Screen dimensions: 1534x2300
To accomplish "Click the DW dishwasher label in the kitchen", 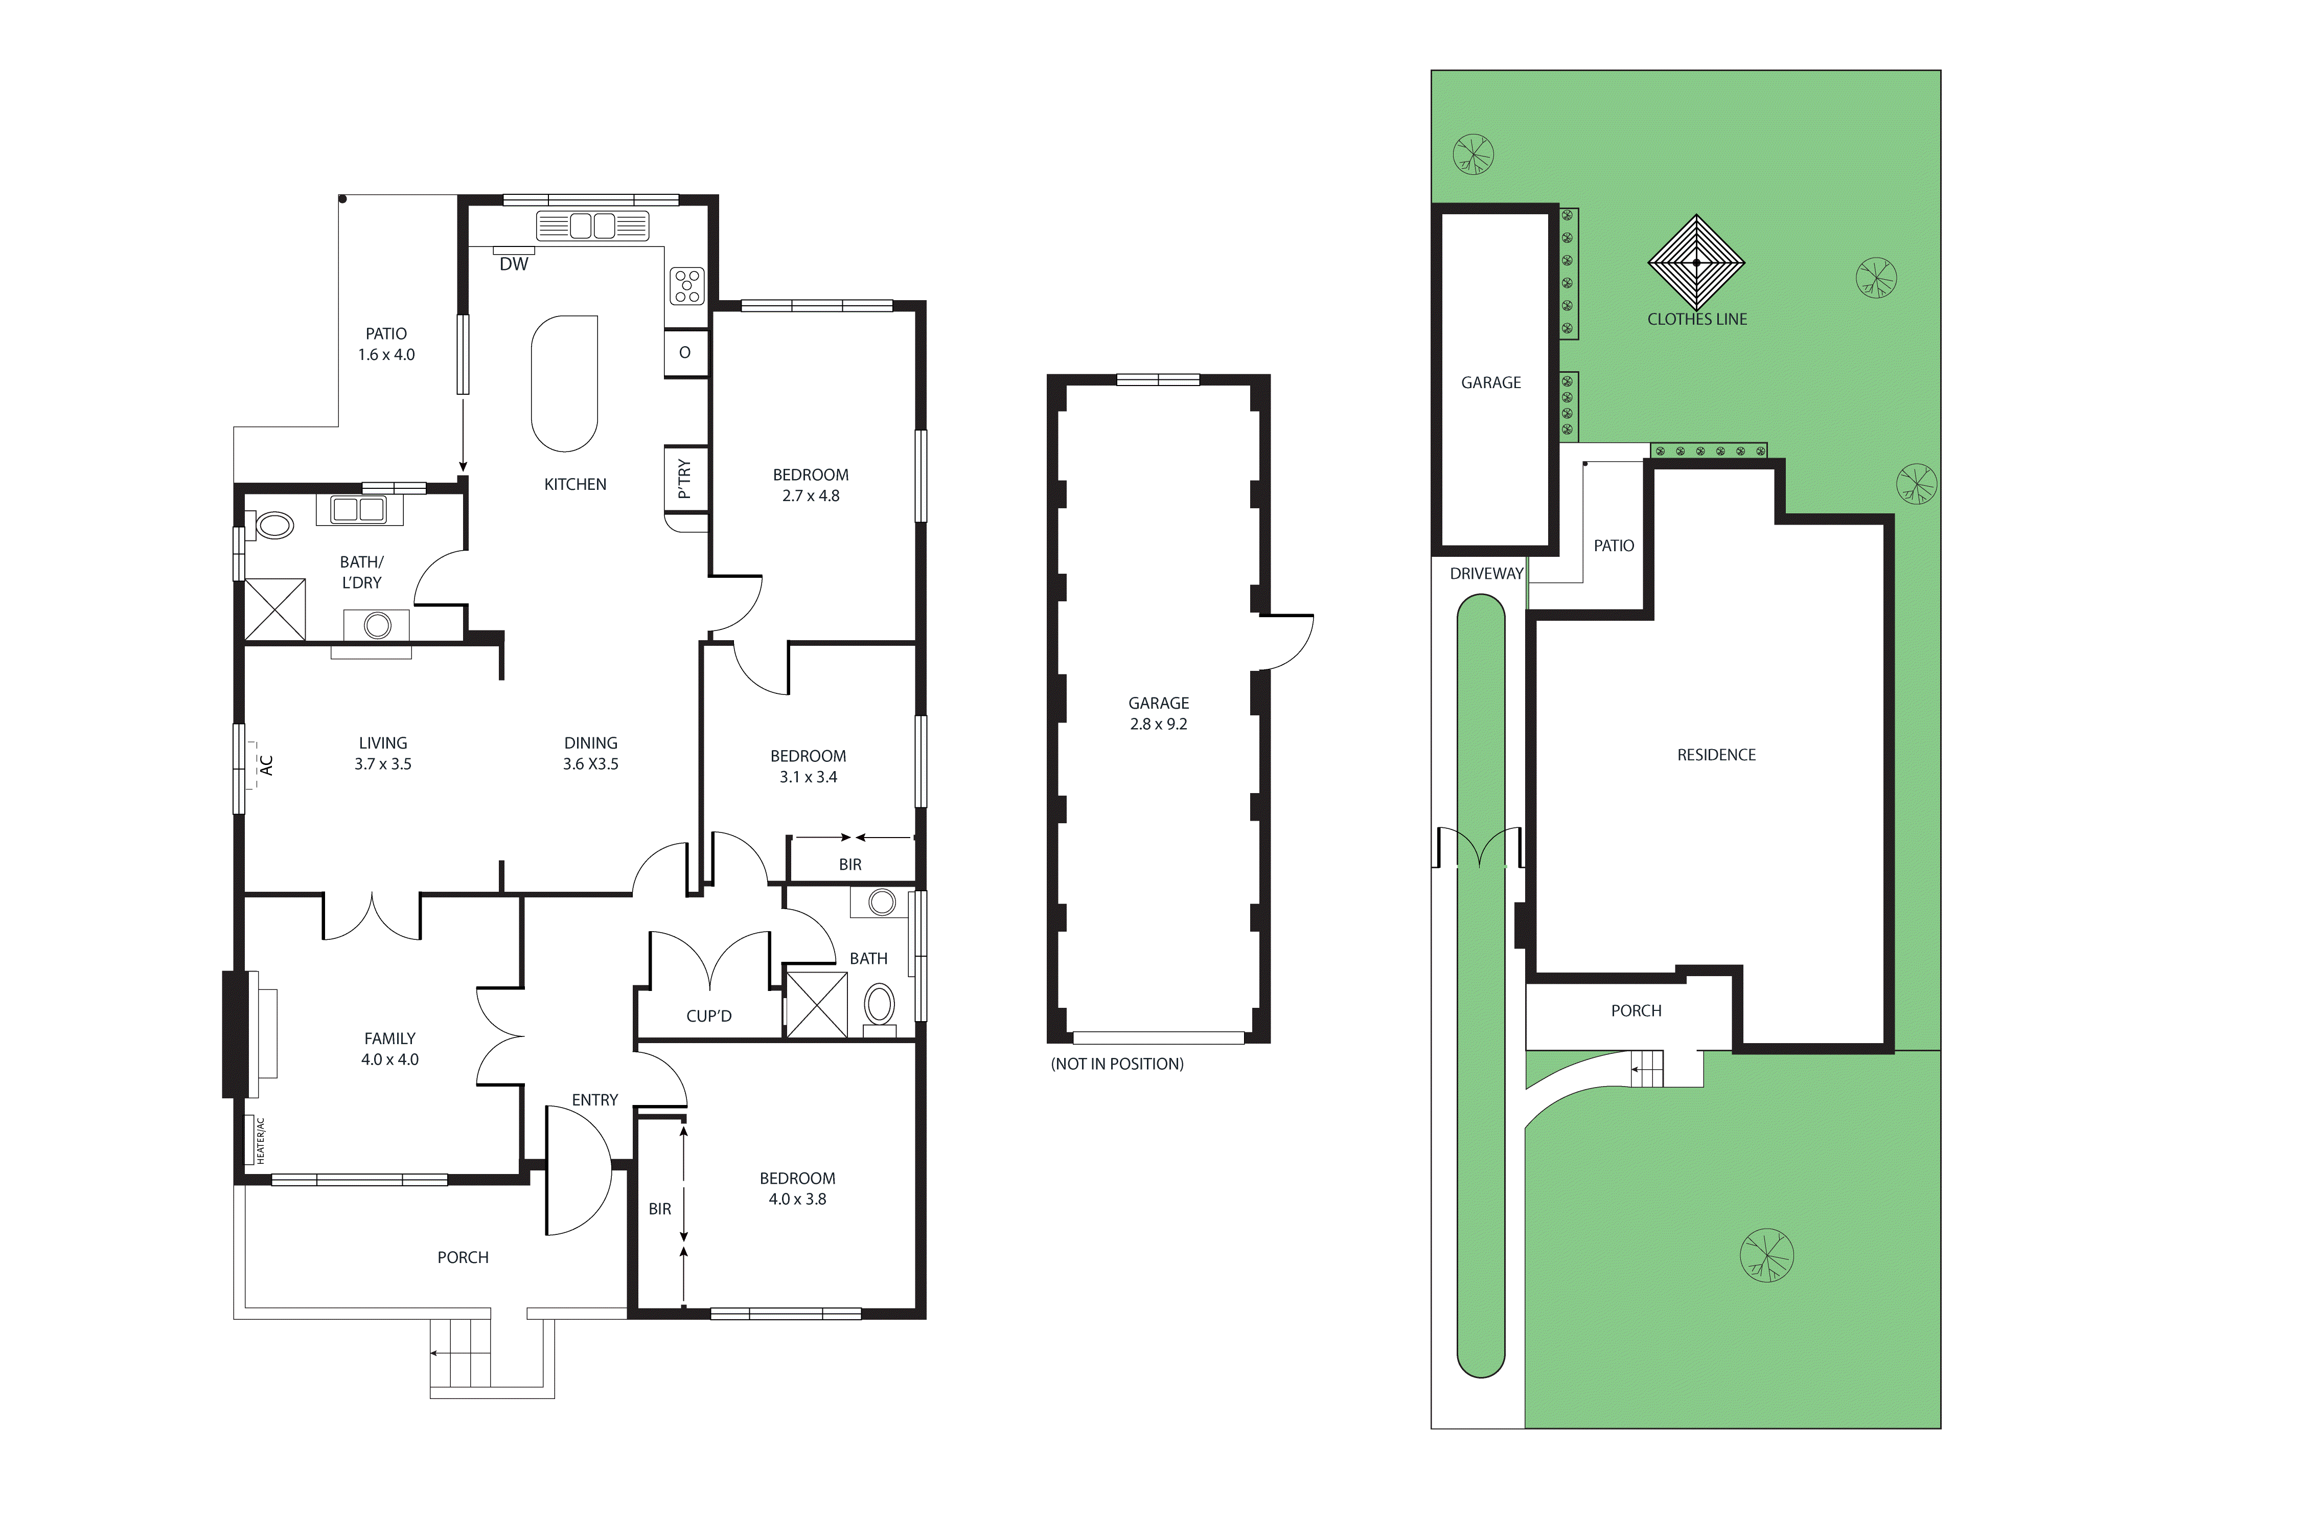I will pos(513,264).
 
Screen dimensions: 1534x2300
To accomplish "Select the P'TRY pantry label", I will pos(684,480).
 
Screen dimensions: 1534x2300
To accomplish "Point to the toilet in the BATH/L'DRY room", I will pos(274,526).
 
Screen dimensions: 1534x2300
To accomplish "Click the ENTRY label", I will pos(594,1100).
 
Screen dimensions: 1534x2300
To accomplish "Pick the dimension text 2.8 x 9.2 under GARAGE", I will pos(1159,724).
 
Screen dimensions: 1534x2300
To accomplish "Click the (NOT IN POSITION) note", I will pos(1117,1064).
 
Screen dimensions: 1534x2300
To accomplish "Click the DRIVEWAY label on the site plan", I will pos(1486,573).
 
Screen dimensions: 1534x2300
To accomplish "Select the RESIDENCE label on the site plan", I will pos(1716,754).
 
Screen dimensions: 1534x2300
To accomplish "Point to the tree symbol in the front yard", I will pos(1767,1254).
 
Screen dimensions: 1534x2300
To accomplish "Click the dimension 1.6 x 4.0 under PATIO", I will pos(386,354).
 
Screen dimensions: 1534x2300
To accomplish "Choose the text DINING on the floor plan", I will pos(591,742).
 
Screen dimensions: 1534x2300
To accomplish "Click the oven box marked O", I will pos(684,352).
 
